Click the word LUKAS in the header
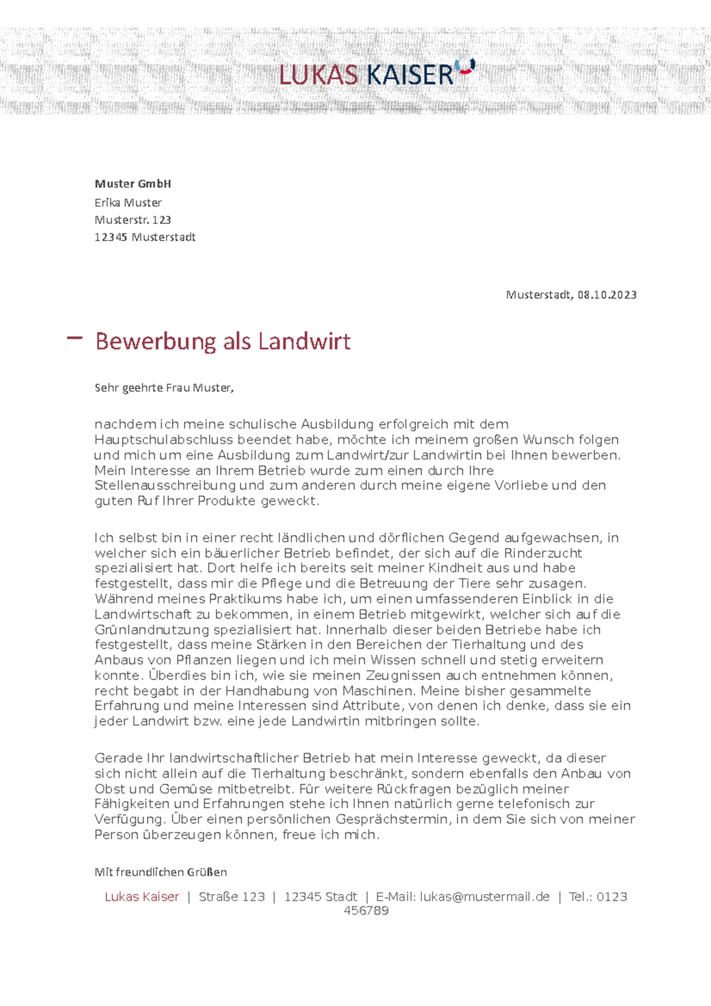click(x=318, y=75)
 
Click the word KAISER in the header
click(x=409, y=75)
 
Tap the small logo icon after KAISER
click(x=466, y=66)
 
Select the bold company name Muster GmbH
click(x=133, y=184)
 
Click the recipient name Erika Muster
click(x=128, y=203)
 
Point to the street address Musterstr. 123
click(x=133, y=220)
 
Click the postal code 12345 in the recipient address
click(x=111, y=237)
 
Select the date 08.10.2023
click(x=607, y=294)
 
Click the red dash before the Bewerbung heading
click(x=75, y=338)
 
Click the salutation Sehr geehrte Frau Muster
click(x=164, y=388)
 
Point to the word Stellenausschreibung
click(x=165, y=486)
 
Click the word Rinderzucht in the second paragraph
click(x=543, y=553)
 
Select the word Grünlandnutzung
click(x=152, y=630)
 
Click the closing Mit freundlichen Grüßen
click(x=161, y=872)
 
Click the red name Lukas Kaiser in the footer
click(x=142, y=897)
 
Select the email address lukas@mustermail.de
click(x=485, y=897)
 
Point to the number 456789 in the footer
click(x=366, y=911)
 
